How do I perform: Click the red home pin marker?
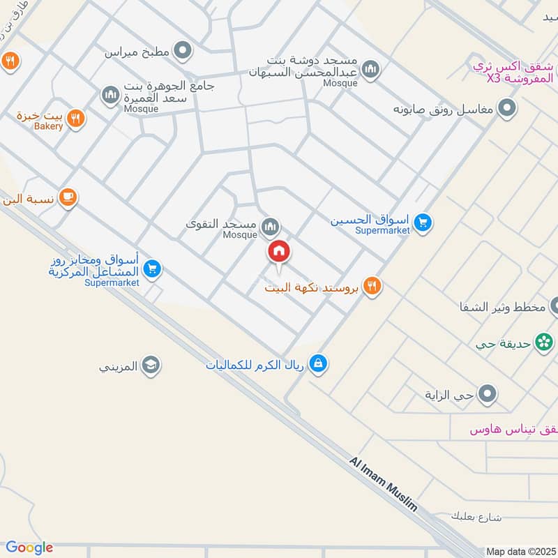pyautogui.click(x=278, y=251)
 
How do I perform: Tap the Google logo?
pyautogui.click(x=29, y=548)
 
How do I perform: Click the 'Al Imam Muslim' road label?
pyautogui.click(x=384, y=485)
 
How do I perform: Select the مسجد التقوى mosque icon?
pyautogui.click(x=271, y=226)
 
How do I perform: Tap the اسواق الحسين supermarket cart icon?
pyautogui.click(x=422, y=223)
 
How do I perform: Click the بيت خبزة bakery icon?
pyautogui.click(x=77, y=119)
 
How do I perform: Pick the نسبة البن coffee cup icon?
pyautogui.click(x=68, y=197)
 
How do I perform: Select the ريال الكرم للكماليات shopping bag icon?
pyautogui.click(x=318, y=363)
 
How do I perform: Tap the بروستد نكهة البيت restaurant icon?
pyautogui.click(x=372, y=286)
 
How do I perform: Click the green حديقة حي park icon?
pyautogui.click(x=542, y=342)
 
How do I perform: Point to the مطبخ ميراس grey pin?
pyautogui.click(x=183, y=51)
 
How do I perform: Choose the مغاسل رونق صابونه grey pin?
pyautogui.click(x=508, y=109)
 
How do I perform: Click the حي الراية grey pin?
pyautogui.click(x=488, y=394)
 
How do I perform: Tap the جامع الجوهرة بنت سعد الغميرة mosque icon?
pyautogui.click(x=110, y=94)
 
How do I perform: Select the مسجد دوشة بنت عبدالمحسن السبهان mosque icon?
pyautogui.click(x=371, y=68)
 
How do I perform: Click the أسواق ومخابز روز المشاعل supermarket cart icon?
pyautogui.click(x=153, y=268)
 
